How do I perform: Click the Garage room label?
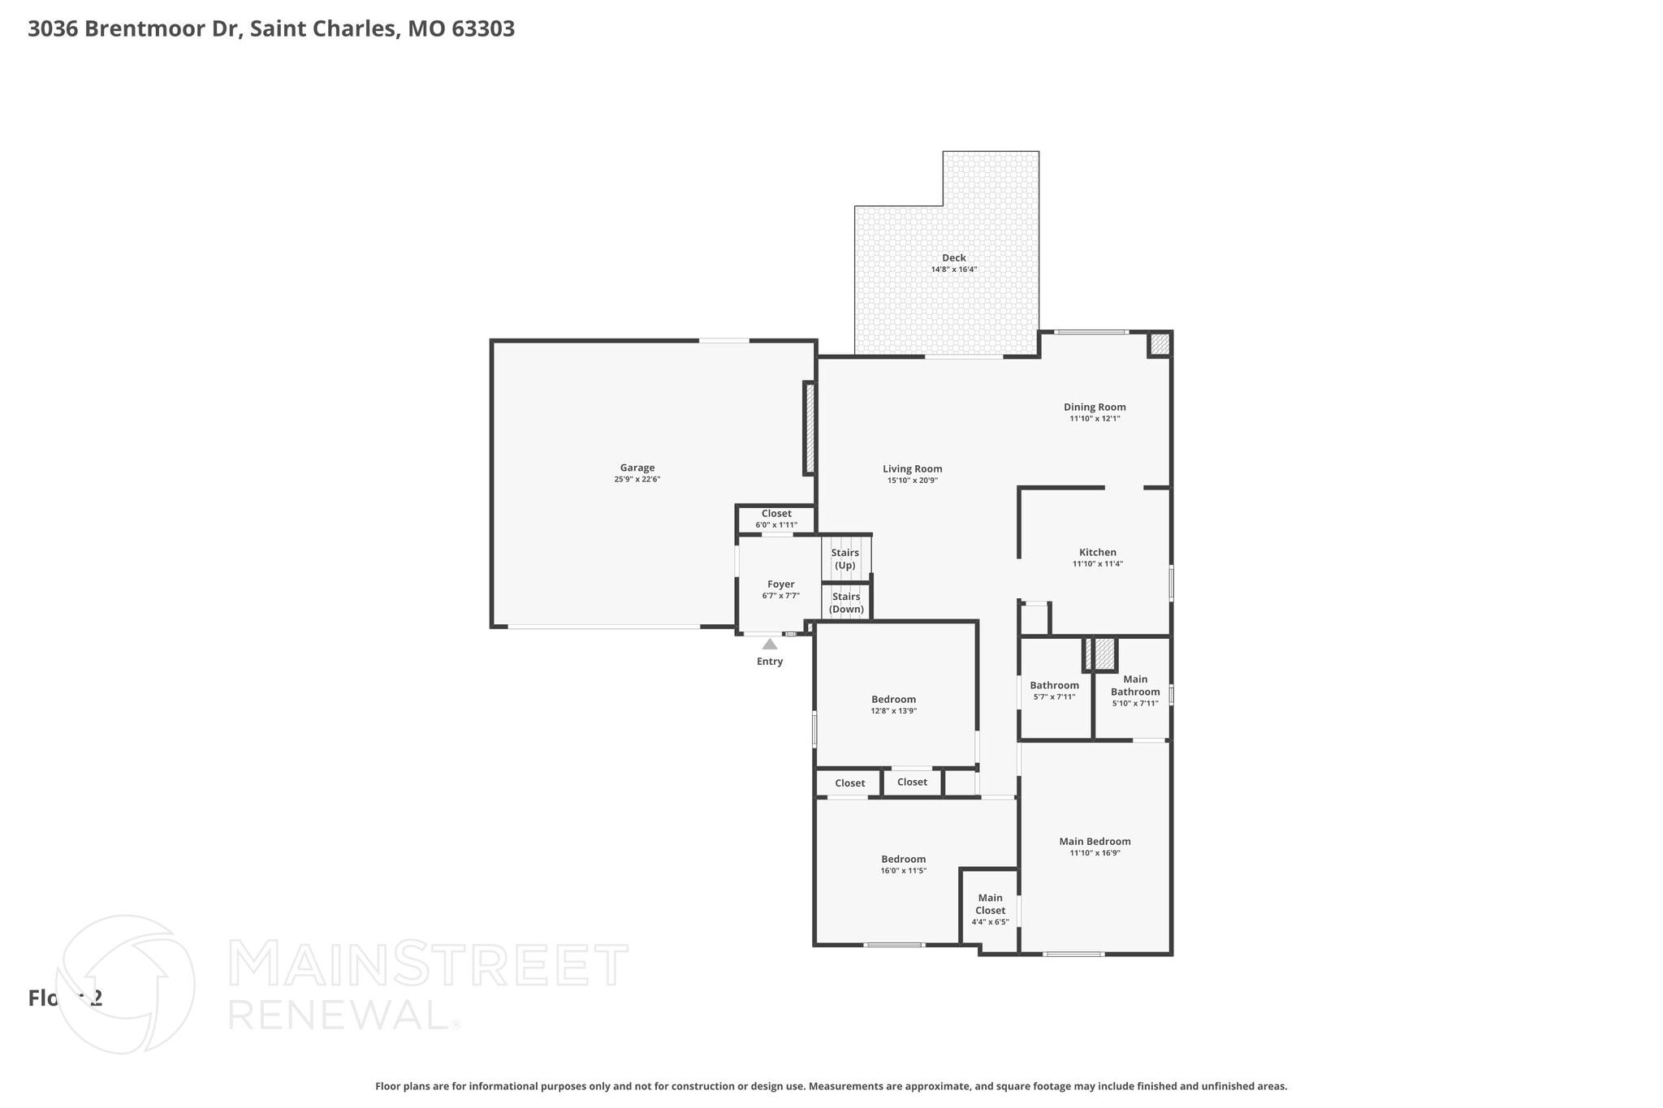click(x=637, y=468)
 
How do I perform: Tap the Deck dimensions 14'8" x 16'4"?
click(x=953, y=269)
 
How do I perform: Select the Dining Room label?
click(x=1095, y=407)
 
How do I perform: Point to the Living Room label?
click(x=912, y=468)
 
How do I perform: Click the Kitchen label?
click(x=1097, y=553)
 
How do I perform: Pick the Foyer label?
click(x=780, y=584)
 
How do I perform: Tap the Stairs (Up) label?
click(x=844, y=559)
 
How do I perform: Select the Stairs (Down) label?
click(x=846, y=603)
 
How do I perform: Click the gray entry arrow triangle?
click(x=769, y=645)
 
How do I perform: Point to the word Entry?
click(x=769, y=662)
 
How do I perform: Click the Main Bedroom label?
click(x=1095, y=842)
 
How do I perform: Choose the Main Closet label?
click(x=990, y=904)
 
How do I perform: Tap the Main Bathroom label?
click(x=1134, y=686)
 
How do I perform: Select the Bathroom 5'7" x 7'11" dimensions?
click(x=1054, y=697)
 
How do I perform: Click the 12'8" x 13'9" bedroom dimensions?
click(x=893, y=711)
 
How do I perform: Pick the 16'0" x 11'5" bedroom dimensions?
click(x=903, y=871)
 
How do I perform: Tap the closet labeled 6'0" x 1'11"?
click(x=776, y=525)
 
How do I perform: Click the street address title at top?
click(x=271, y=29)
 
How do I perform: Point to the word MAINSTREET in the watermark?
click(x=428, y=965)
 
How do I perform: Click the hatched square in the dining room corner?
click(x=1160, y=344)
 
